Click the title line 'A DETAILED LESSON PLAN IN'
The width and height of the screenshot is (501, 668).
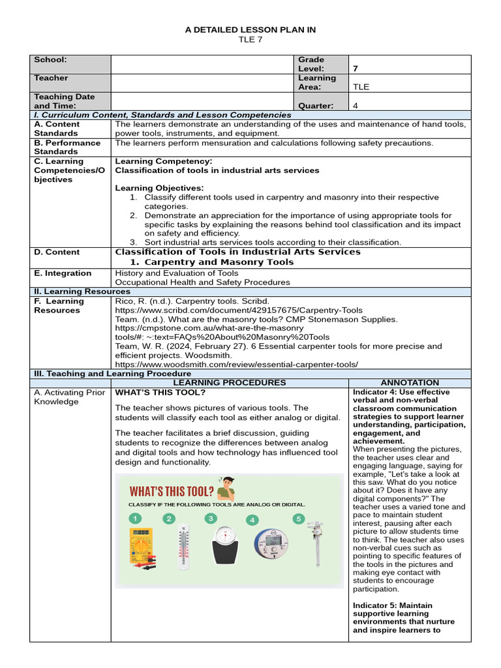[250, 30]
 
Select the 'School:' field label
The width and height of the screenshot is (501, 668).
[50, 59]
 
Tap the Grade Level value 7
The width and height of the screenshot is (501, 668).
[356, 68]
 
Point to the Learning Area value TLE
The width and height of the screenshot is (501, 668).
[361, 87]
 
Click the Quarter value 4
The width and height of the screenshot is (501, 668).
[356, 106]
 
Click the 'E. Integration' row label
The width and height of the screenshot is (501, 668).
[63, 273]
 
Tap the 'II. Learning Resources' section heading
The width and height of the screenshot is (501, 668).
[82, 292]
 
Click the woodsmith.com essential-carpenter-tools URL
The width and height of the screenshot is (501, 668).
[236, 364]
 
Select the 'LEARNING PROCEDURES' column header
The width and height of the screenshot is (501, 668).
[230, 382]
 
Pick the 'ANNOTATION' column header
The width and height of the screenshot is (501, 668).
[409, 382]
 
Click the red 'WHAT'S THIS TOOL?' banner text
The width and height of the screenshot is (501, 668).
[172, 491]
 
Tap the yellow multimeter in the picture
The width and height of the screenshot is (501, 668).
[140, 546]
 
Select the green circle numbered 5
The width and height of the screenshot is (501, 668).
[299, 519]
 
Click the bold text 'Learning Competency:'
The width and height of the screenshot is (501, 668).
[163, 161]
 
